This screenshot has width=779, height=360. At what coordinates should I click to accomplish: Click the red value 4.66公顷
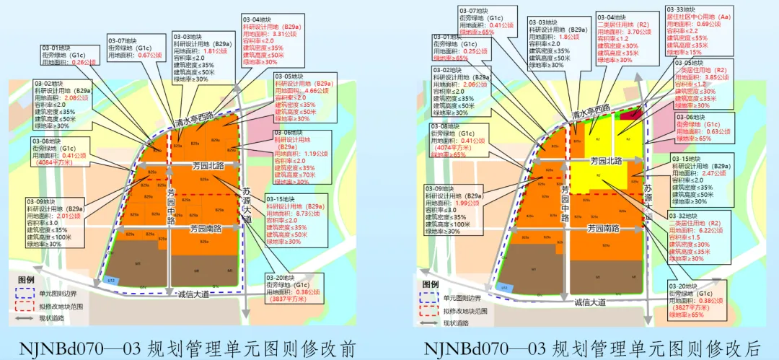tap(317, 91)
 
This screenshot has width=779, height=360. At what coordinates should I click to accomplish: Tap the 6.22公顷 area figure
tap(716, 229)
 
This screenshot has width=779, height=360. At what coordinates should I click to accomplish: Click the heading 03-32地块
tap(686, 214)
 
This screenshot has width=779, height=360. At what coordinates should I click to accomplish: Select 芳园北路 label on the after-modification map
tap(607, 162)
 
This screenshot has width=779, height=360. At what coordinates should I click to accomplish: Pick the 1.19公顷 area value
tap(317, 154)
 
